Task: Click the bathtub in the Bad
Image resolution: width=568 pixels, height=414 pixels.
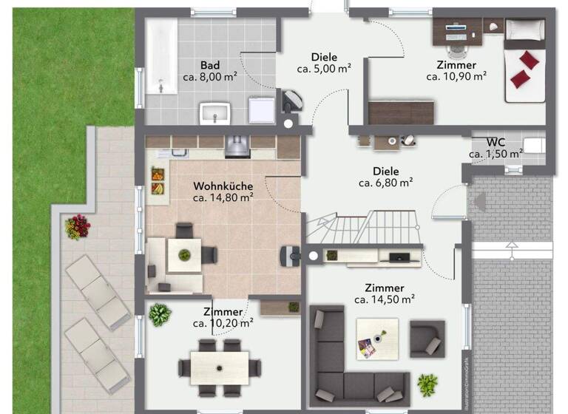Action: coord(160,57)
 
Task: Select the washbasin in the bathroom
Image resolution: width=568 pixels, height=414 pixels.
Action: coord(215,113)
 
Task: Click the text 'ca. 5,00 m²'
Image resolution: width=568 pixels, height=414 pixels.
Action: coord(324,69)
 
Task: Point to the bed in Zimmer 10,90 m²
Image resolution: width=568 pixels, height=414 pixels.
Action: coord(524,62)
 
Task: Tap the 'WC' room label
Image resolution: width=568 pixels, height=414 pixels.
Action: coord(496,142)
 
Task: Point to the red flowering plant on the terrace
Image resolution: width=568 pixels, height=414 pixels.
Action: coord(77,226)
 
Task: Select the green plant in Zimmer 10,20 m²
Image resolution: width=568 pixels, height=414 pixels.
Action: coord(160,315)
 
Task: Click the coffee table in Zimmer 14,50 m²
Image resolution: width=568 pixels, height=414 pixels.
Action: coord(376,339)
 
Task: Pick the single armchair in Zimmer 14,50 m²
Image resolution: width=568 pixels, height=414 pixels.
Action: coord(427,339)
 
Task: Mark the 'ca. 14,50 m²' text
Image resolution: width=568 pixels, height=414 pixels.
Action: coord(384,299)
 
